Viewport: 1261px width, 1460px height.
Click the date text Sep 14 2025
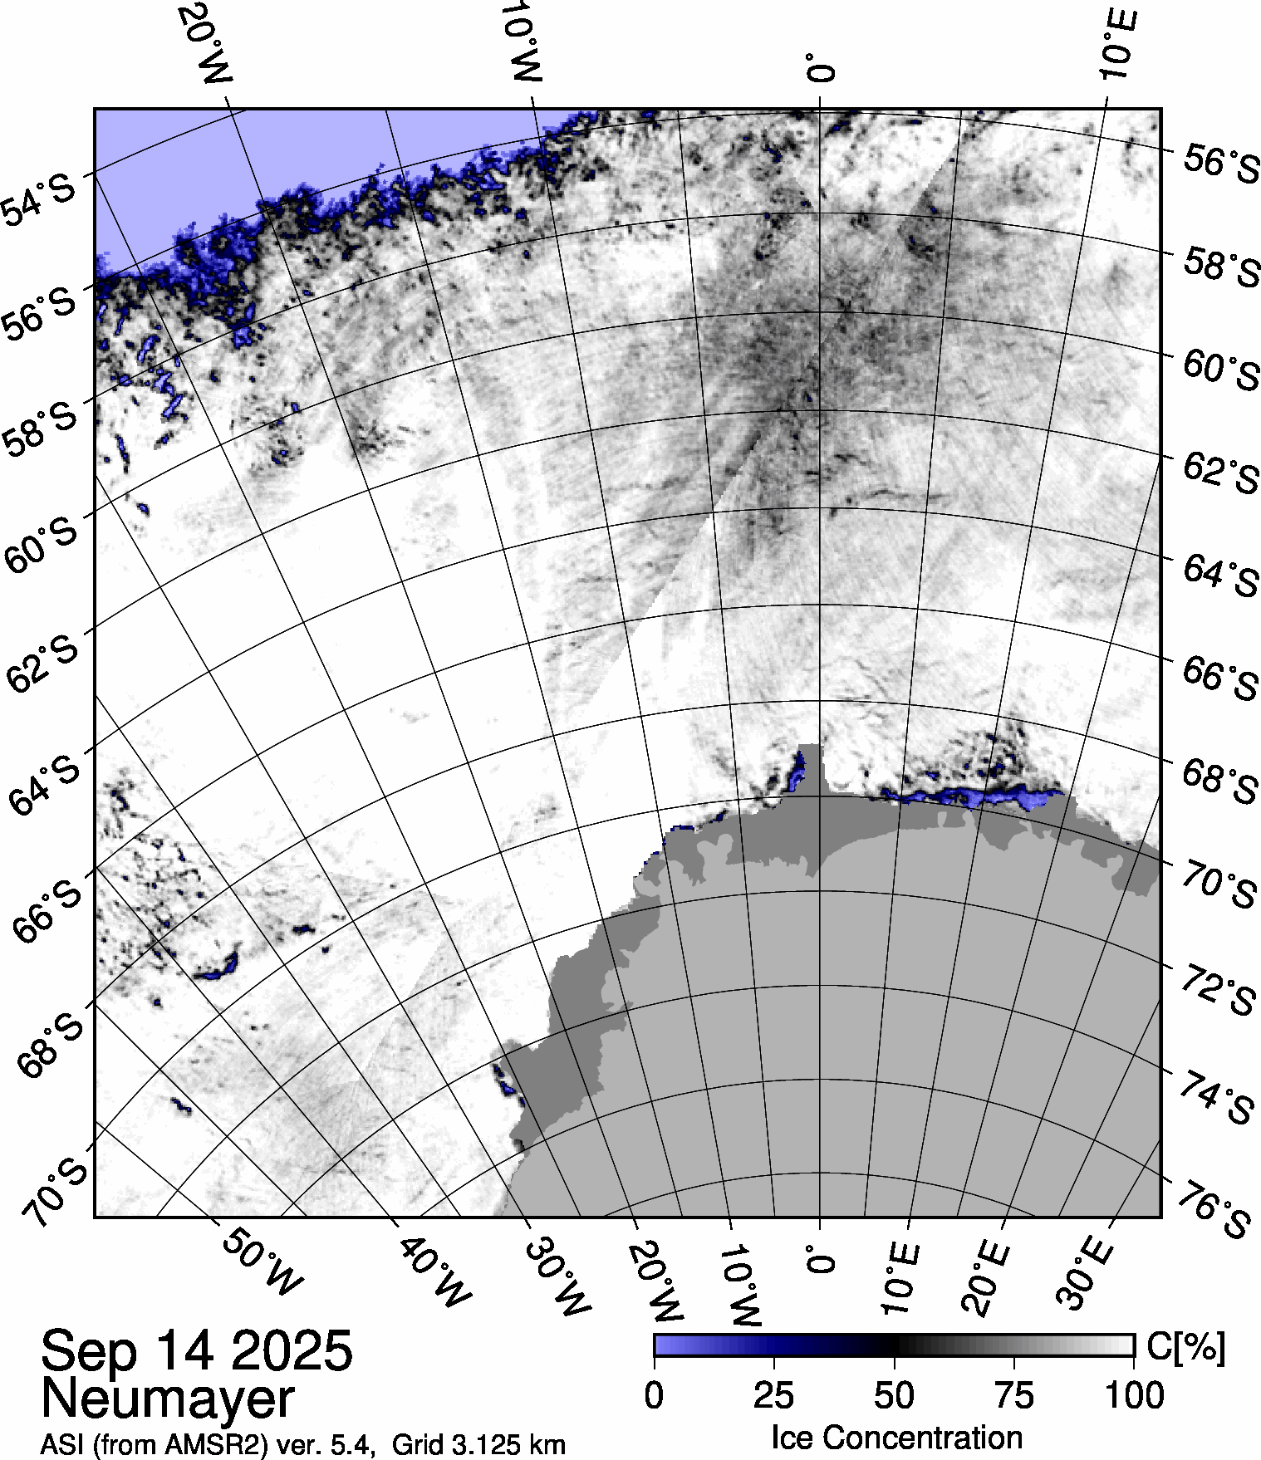coord(197,1350)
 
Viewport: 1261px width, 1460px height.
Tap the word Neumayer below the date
coord(167,1399)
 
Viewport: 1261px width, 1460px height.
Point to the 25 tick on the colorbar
coord(774,1396)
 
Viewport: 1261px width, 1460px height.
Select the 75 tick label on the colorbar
coord(1013,1396)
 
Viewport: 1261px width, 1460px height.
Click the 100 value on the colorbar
coord(1136,1396)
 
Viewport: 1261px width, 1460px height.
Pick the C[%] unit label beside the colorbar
coord(1185,1347)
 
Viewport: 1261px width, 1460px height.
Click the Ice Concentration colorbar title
coord(897,1438)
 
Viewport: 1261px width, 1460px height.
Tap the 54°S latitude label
coord(41,200)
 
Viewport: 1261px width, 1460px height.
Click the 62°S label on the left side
coord(42,664)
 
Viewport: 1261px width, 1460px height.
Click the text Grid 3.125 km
coord(478,1445)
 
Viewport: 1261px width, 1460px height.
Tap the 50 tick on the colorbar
coord(894,1396)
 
